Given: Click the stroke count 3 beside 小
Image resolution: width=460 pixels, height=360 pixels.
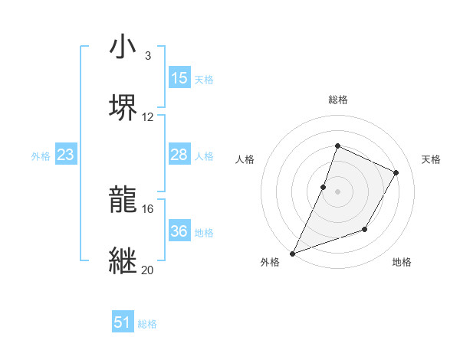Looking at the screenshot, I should pyautogui.click(x=148, y=56).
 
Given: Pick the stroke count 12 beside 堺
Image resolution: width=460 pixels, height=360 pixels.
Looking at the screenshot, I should pyautogui.click(x=148, y=116).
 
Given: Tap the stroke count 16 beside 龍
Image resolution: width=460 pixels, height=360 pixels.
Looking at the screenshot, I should pyautogui.click(x=148, y=208).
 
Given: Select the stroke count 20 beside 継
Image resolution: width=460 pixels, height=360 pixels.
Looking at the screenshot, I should pyautogui.click(x=148, y=270).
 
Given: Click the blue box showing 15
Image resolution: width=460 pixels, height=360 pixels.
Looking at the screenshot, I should pyautogui.click(x=179, y=78).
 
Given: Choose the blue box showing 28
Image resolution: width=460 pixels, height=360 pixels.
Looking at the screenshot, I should pyautogui.click(x=179, y=155).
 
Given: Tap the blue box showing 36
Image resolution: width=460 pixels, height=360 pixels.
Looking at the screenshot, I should pyautogui.click(x=179, y=231).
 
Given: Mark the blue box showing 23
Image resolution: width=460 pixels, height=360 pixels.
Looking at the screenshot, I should pyautogui.click(x=66, y=155).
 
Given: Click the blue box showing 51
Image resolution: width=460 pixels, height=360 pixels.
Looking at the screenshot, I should pyautogui.click(x=123, y=322).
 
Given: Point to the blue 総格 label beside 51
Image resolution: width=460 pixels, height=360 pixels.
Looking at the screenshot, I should pyautogui.click(x=147, y=324).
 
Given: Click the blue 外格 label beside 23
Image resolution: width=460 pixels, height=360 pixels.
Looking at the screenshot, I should pyautogui.click(x=41, y=156).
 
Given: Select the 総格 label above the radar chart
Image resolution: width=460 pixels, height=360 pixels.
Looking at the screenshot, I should pyautogui.click(x=337, y=100).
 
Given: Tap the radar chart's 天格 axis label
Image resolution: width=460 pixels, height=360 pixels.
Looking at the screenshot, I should pyautogui.click(x=431, y=159).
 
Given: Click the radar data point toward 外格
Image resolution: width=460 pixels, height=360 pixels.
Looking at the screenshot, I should pyautogui.click(x=292, y=253).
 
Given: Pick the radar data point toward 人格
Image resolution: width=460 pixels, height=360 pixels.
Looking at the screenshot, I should pyautogui.click(x=324, y=186).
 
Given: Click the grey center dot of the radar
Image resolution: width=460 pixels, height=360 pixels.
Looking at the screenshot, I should pyautogui.click(x=337, y=191).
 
